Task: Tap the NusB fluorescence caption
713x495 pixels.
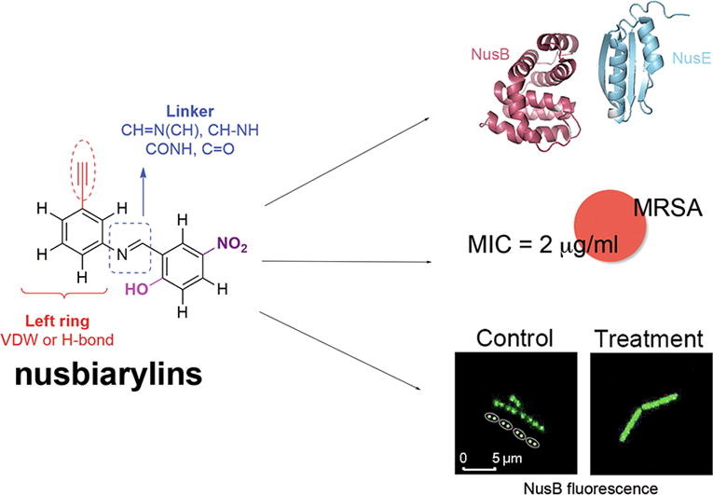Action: point(578,485)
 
